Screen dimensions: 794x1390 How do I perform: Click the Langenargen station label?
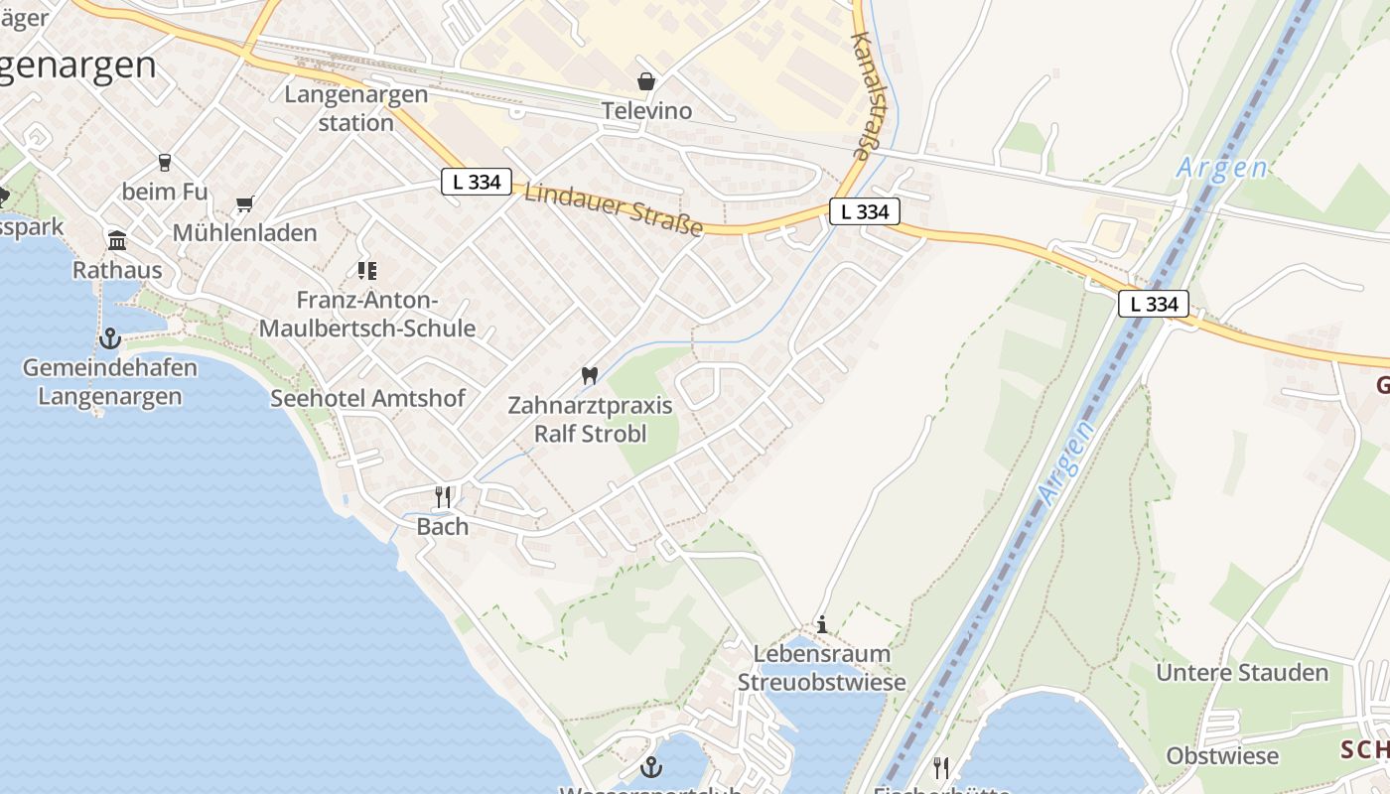click(x=356, y=108)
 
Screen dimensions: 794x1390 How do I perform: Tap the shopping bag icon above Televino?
click(x=646, y=80)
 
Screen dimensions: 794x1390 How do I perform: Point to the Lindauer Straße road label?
click(x=614, y=209)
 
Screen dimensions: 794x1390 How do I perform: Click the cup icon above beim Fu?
click(x=165, y=162)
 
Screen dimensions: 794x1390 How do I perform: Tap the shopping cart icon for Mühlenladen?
click(x=245, y=204)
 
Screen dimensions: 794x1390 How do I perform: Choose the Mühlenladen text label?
click(x=245, y=233)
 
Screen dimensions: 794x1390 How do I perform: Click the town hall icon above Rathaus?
click(x=117, y=240)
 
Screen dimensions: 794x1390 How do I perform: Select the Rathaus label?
click(x=117, y=270)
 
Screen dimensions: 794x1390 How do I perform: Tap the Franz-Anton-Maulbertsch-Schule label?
click(x=367, y=314)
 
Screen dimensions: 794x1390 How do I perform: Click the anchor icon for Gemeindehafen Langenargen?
click(x=109, y=339)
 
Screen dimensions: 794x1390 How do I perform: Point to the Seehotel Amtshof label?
click(x=368, y=398)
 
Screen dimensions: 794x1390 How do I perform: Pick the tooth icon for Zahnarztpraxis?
click(x=590, y=376)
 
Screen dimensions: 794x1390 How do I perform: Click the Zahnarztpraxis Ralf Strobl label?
click(x=591, y=419)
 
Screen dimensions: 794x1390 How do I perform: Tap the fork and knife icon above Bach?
click(x=443, y=496)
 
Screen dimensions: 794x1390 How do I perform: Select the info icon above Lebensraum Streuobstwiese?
click(x=822, y=624)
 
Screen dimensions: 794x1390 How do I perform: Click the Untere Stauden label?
click(x=1242, y=672)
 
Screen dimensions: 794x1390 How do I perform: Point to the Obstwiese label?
click(x=1222, y=755)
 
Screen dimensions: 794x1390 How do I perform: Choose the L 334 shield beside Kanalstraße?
click(x=865, y=211)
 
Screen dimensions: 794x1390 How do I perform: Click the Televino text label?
click(x=646, y=110)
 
